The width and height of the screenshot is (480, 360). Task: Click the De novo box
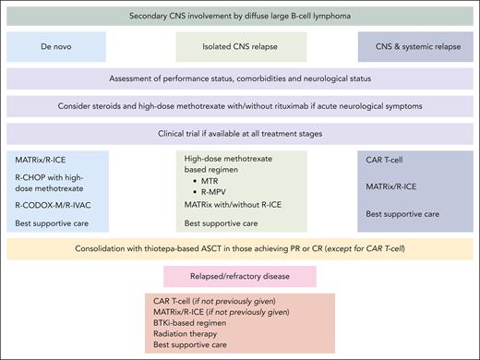coord(64,46)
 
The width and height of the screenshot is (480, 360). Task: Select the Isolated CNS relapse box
coord(239,46)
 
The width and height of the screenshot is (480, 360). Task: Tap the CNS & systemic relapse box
coord(414,46)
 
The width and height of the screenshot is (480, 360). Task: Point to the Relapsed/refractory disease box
coord(239,276)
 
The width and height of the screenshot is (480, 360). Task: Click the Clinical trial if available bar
coord(239,133)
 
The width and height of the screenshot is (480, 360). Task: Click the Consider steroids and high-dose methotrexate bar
coord(239,106)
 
